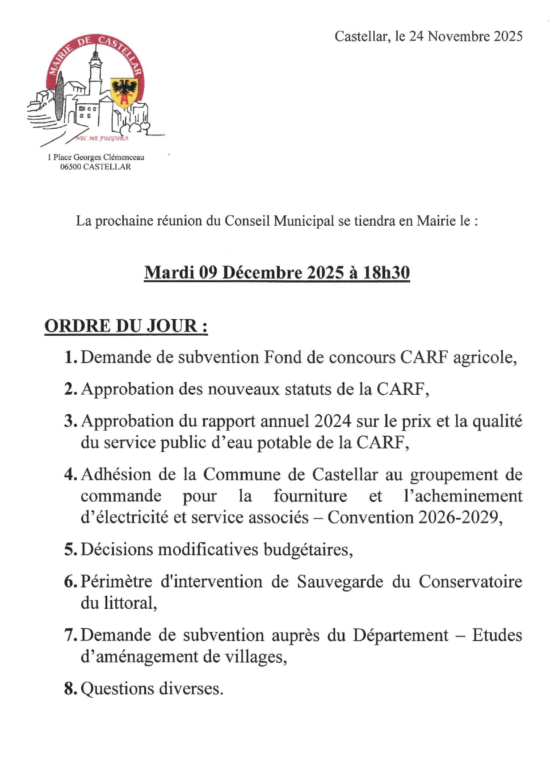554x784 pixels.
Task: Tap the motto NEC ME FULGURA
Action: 102,138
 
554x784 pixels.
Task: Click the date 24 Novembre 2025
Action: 466,36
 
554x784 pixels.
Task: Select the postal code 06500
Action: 71,167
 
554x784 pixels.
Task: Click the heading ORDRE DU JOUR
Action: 126,325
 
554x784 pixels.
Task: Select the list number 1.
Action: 70,357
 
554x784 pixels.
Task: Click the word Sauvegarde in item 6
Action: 340,582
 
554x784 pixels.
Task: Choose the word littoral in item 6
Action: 130,603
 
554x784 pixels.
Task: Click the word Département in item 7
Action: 400,635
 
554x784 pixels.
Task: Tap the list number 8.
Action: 70,688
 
